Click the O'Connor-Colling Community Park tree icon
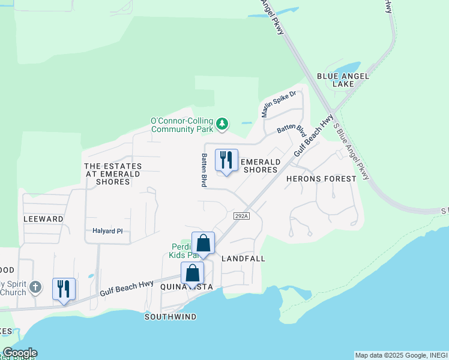click(223, 124)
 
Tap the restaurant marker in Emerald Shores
click(226, 160)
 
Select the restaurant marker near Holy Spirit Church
click(64, 289)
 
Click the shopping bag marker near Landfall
click(203, 243)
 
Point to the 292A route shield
click(241, 215)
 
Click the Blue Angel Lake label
click(339, 80)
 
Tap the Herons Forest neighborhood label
click(321, 179)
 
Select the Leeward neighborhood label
click(43, 219)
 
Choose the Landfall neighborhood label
click(243, 259)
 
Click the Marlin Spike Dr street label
click(279, 104)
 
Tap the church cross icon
click(35, 287)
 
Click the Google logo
click(20, 353)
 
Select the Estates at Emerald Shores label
click(113, 174)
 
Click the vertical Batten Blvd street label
click(204, 169)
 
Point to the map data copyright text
click(401, 355)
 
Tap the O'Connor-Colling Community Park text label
click(182, 125)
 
